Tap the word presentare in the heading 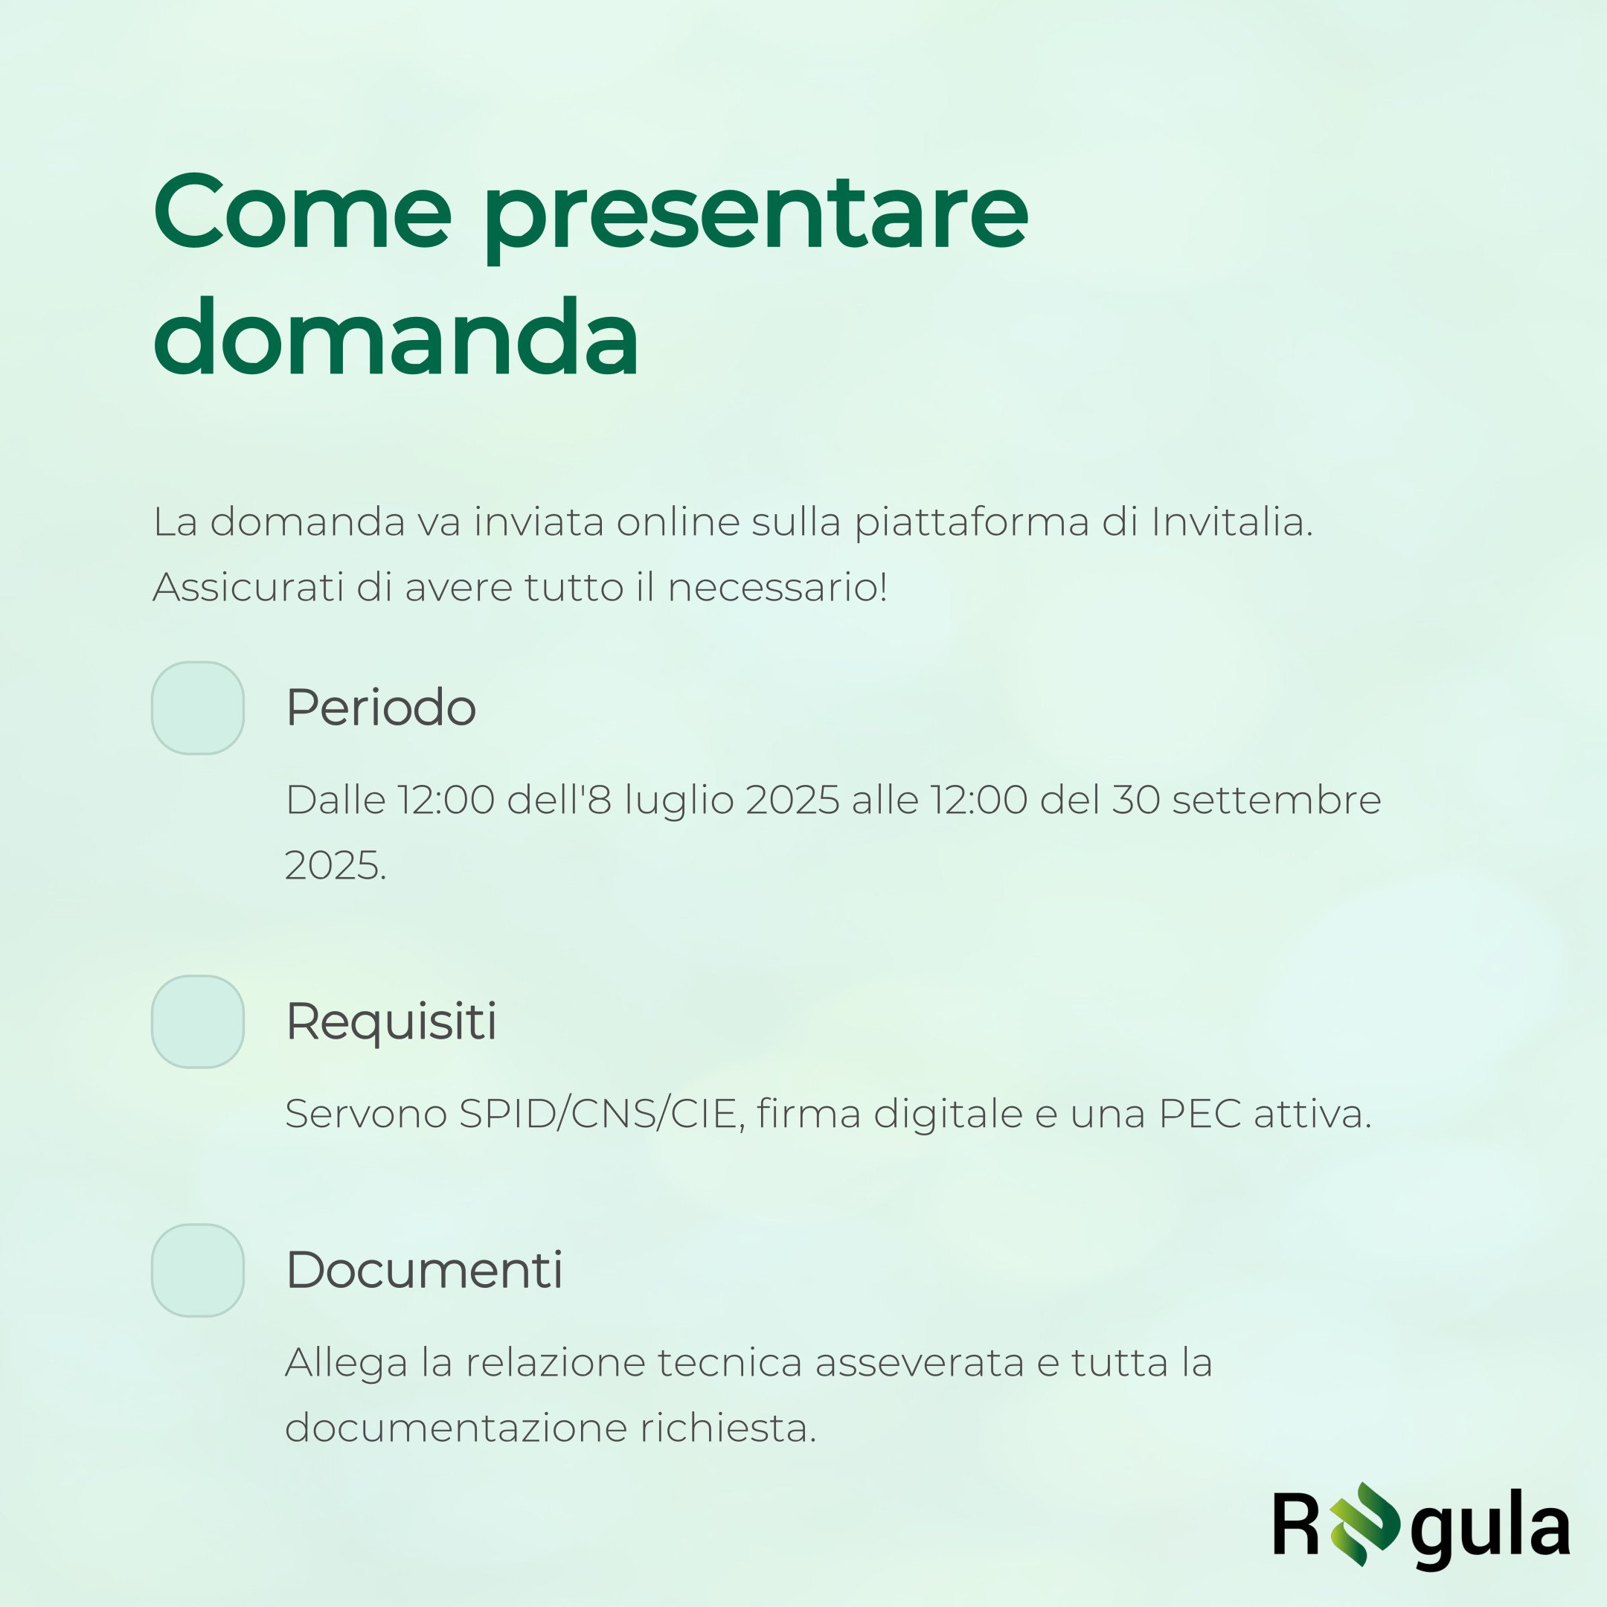(x=757, y=218)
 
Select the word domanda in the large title (x=396, y=337)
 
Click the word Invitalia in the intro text (x=1232, y=522)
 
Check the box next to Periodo (x=198, y=708)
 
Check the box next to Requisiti (x=198, y=1021)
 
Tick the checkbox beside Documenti (x=198, y=1270)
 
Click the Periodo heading (x=381, y=708)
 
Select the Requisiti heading (x=391, y=1022)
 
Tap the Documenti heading (x=424, y=1270)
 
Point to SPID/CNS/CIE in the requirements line (x=598, y=1114)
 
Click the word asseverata (x=919, y=1362)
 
